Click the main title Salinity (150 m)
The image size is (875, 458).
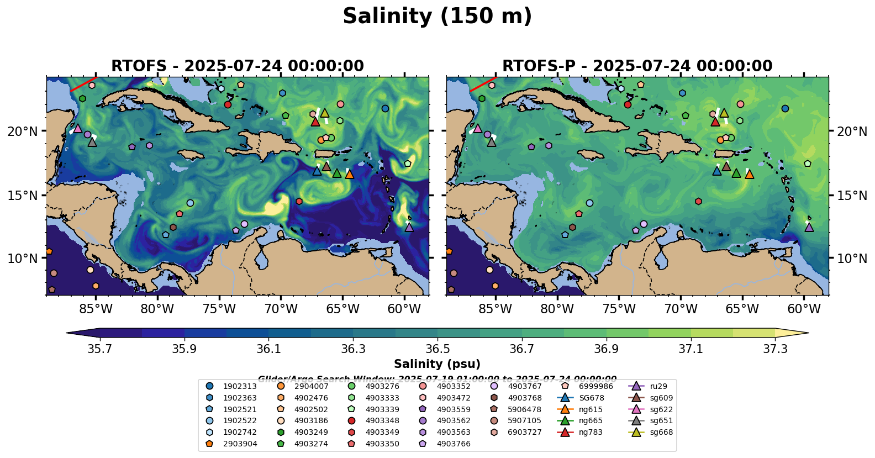[x=437, y=16]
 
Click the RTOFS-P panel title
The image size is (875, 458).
[x=637, y=66]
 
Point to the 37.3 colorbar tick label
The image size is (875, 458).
[x=775, y=349]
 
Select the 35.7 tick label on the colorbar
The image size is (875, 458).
[x=100, y=349]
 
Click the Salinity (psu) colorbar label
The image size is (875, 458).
[x=437, y=364]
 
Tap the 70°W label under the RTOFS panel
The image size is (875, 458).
[x=281, y=309]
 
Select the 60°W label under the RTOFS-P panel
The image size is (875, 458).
[x=804, y=309]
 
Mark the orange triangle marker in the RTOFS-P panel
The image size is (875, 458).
[x=749, y=175]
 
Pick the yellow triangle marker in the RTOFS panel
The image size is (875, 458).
[x=325, y=113]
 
